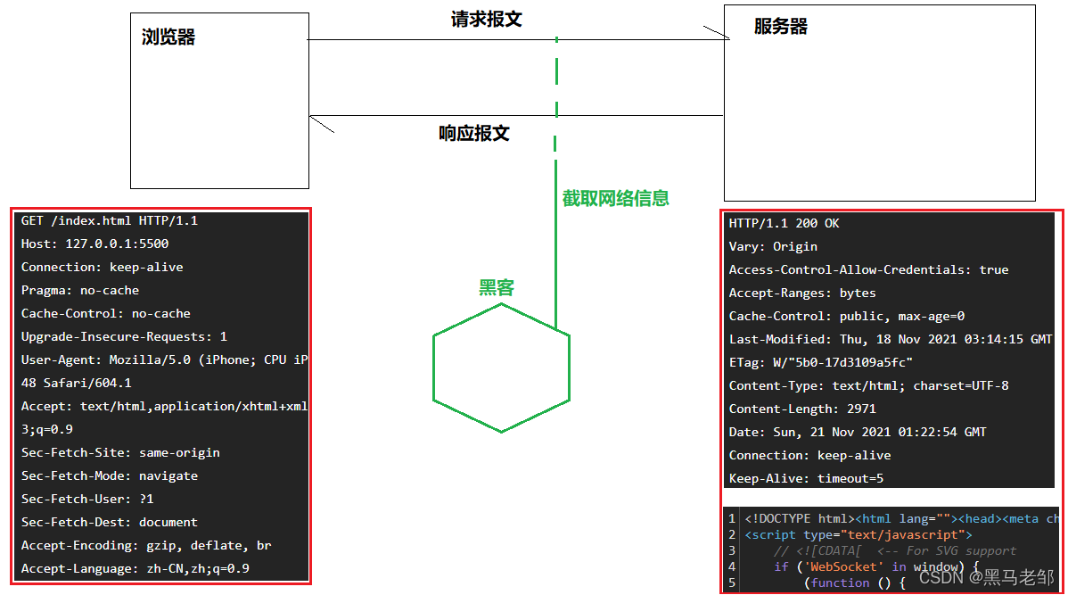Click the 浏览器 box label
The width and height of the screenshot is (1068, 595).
pyautogui.click(x=168, y=37)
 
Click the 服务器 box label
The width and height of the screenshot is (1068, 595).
pyautogui.click(x=780, y=27)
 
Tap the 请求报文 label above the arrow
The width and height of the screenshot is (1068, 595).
pyautogui.click(x=486, y=20)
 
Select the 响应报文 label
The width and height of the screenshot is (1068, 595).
pyautogui.click(x=474, y=134)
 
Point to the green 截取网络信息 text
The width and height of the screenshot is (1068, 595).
pyautogui.click(x=615, y=199)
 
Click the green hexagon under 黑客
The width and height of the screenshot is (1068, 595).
pyautogui.click(x=501, y=368)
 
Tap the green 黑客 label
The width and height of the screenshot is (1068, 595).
pyautogui.click(x=497, y=287)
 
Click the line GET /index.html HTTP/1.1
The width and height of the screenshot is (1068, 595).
pyautogui.click(x=110, y=220)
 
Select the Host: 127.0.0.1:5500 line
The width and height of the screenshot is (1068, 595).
pyautogui.click(x=95, y=244)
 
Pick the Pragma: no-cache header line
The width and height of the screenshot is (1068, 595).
pyautogui.click(x=80, y=290)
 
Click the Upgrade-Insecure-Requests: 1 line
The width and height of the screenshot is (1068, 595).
pyautogui.click(x=125, y=336)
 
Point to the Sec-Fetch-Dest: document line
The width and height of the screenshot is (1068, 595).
pyautogui.click(x=110, y=522)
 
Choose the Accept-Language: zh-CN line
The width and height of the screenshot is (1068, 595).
pyautogui.click(x=136, y=568)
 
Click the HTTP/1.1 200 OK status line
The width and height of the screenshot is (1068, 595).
pyautogui.click(x=785, y=223)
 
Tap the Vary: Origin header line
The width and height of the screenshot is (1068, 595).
pyautogui.click(x=773, y=246)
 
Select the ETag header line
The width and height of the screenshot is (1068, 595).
pyautogui.click(x=821, y=362)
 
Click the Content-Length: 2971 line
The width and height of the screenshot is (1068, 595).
pyautogui.click(x=802, y=409)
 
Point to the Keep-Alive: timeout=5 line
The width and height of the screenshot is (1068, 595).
pyautogui.click(x=807, y=478)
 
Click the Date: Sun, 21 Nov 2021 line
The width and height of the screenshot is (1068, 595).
pyautogui.click(x=858, y=432)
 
